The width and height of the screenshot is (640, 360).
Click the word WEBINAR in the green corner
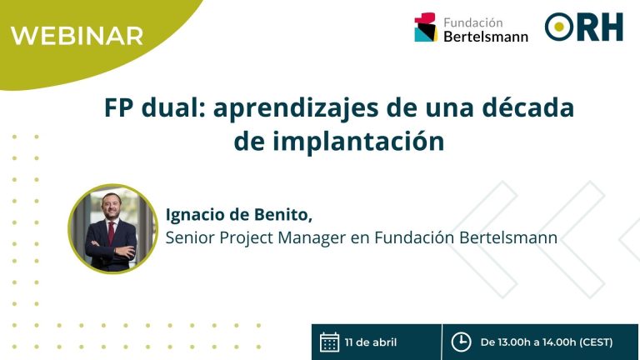[77, 36]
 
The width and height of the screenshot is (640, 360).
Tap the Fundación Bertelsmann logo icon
[426, 27]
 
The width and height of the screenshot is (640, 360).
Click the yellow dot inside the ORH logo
[559, 27]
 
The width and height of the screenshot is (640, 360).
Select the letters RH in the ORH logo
[599, 27]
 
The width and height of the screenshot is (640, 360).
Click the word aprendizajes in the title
[296, 108]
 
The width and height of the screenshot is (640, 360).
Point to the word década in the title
[528, 107]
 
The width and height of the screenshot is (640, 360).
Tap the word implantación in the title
[358, 142]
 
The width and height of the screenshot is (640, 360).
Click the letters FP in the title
[119, 107]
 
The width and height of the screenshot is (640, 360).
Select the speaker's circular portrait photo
[113, 228]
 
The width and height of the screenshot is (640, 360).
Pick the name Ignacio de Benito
[239, 215]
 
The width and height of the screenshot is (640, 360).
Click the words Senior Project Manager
[256, 238]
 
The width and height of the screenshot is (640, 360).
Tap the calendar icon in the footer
[329, 342]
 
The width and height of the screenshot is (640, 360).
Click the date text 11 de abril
[371, 342]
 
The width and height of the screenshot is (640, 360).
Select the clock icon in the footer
[461, 342]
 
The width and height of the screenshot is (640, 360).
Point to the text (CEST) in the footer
[596, 342]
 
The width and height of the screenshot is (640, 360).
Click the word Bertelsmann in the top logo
[486, 37]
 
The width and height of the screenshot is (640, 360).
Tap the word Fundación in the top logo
[473, 22]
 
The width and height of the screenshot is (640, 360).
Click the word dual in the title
[173, 107]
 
